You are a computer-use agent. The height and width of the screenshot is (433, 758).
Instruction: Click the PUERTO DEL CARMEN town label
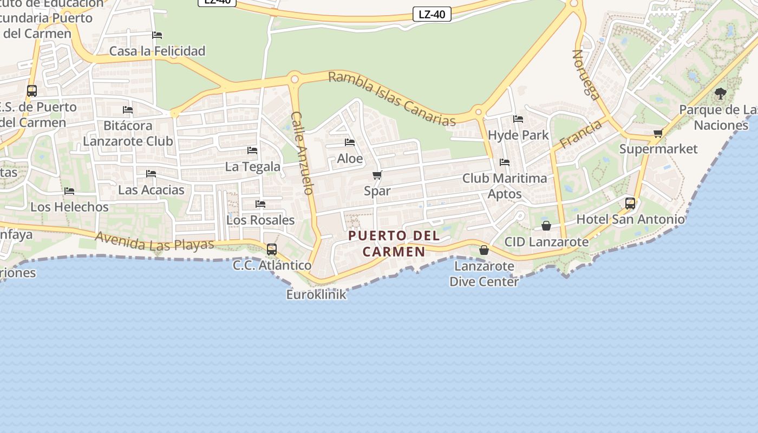(394, 244)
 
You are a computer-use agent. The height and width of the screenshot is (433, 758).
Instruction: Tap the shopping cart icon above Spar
(377, 175)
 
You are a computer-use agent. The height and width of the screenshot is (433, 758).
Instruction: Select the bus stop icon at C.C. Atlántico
(272, 249)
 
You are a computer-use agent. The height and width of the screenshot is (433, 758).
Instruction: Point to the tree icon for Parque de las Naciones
(720, 94)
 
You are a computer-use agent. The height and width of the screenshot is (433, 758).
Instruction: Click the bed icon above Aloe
(350, 142)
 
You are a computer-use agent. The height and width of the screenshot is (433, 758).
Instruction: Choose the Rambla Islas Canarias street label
(393, 99)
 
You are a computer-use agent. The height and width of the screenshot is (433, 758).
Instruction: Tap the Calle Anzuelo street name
(303, 153)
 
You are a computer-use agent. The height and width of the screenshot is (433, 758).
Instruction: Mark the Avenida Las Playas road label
(154, 241)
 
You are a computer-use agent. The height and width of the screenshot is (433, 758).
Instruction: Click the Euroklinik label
(316, 294)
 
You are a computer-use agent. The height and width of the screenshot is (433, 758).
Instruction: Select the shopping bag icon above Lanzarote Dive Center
(484, 250)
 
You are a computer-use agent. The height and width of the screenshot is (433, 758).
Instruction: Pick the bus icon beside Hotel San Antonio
(630, 204)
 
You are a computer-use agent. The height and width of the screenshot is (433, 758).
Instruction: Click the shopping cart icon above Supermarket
(658, 133)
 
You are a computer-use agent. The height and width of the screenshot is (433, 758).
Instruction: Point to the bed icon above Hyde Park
(518, 119)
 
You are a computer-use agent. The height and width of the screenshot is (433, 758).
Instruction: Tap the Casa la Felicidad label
(157, 51)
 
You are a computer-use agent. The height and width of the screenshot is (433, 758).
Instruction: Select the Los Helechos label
(69, 207)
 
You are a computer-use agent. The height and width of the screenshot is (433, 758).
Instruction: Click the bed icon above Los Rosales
(260, 204)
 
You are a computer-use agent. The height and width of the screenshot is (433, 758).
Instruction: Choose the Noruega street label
(586, 75)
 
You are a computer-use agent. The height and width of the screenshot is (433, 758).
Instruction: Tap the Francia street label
(581, 134)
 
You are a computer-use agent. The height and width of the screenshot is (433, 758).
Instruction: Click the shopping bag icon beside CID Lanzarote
(546, 226)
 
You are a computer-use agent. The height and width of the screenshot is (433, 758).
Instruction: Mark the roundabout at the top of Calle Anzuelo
(295, 79)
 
